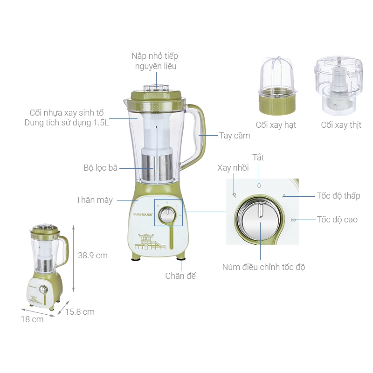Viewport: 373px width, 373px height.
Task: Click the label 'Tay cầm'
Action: tap(235, 136)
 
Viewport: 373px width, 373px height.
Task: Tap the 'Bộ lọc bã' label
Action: tap(100, 168)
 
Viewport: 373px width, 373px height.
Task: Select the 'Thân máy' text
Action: tap(95, 200)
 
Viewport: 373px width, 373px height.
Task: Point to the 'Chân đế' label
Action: tap(180, 276)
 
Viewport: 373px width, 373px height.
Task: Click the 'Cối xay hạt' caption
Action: tap(276, 125)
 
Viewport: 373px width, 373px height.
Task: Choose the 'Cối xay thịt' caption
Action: tap(341, 125)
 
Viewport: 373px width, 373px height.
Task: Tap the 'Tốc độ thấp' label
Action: tap(338, 196)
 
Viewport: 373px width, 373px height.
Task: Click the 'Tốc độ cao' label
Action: tap(337, 220)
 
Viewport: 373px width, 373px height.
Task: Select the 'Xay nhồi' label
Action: tap(233, 168)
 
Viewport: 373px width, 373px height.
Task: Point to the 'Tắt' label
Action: tap(258, 158)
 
